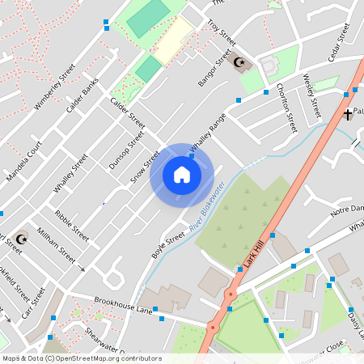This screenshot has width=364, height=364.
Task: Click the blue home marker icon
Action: click(x=181, y=175)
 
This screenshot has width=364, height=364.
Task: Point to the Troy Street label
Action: click(x=221, y=34)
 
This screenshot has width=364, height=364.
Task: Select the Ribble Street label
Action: click(x=72, y=224)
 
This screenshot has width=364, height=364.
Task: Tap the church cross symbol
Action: click(x=347, y=114)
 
